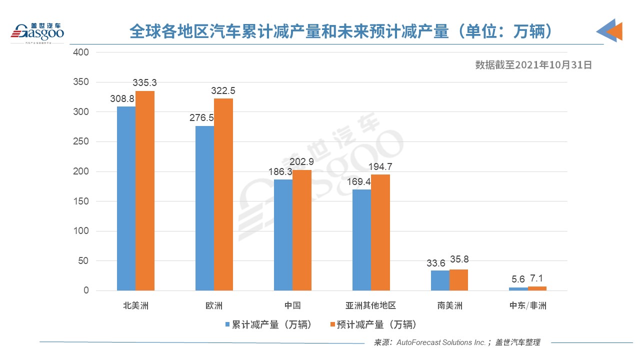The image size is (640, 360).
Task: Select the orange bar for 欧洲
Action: pos(223,194)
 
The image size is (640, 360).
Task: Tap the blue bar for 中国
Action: pos(283,235)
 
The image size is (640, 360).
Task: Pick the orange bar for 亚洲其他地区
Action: pos(380,232)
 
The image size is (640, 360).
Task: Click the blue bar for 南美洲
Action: pos(440,280)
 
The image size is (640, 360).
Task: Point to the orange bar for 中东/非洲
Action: pos(537,288)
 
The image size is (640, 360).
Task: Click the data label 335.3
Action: pos(145,82)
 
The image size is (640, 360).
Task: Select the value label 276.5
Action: pos(201,118)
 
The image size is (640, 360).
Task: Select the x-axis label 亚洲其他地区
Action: pos(370,305)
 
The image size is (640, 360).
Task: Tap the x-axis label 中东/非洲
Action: pos(527,305)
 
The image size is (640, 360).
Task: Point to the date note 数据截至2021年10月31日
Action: pos(533,64)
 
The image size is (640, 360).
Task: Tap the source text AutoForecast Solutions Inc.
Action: pos(440,342)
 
